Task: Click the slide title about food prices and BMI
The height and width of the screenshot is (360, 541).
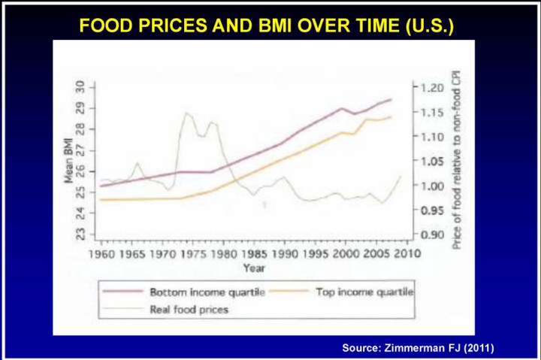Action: [x=267, y=26]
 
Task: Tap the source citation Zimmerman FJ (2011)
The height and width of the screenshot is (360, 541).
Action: [x=419, y=347]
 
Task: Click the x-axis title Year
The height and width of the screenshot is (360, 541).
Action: [x=252, y=267]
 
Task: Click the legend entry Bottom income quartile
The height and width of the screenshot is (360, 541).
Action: [x=196, y=292]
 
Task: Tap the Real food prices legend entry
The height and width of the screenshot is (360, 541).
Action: [x=189, y=308]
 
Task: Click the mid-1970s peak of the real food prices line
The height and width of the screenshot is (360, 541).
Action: [x=186, y=113]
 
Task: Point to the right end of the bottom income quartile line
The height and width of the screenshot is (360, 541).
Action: [x=391, y=99]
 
